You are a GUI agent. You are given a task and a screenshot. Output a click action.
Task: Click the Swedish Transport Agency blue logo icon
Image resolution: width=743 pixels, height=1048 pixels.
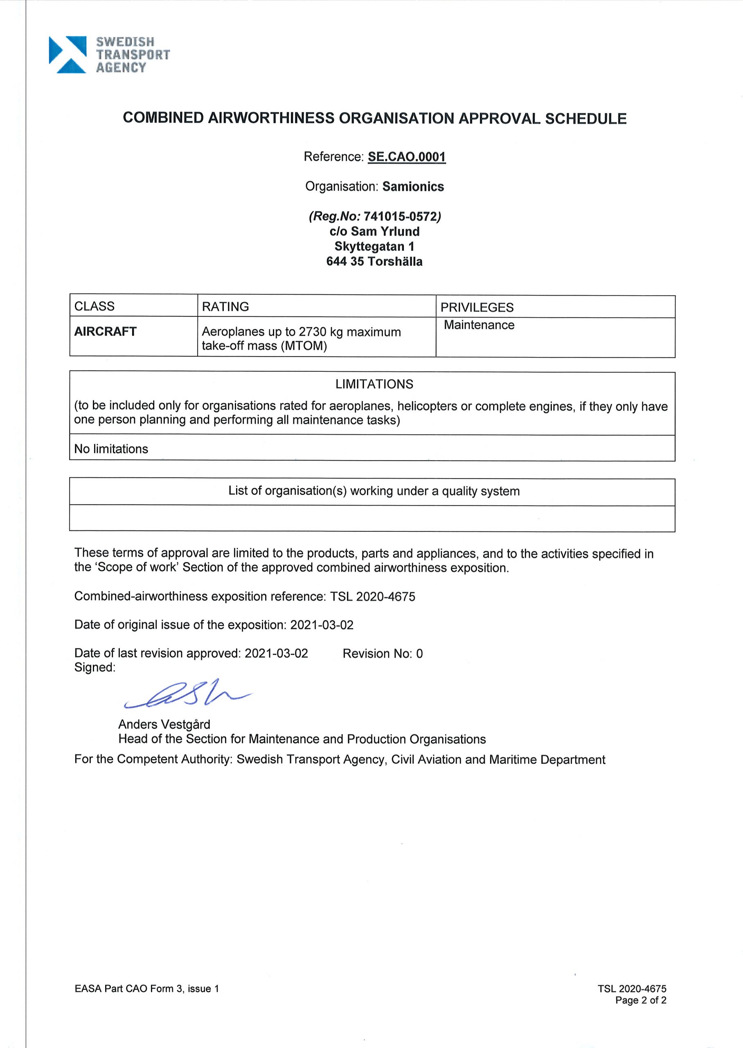(x=67, y=54)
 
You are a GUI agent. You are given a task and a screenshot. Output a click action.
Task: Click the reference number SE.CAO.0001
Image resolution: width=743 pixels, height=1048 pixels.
(x=406, y=157)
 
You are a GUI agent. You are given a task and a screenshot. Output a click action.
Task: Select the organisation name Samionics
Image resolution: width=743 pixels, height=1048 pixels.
(x=413, y=187)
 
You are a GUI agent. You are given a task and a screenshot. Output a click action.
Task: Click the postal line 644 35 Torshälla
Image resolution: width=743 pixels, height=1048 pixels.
(x=374, y=261)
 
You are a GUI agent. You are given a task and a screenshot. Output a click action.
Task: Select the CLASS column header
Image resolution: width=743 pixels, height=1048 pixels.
(x=94, y=306)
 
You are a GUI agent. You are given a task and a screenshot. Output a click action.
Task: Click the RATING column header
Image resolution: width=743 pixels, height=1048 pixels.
(x=225, y=306)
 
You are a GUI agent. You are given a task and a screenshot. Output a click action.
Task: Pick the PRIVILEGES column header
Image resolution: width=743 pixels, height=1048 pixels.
(x=476, y=307)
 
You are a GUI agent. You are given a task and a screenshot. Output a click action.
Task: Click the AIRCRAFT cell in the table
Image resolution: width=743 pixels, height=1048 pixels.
(x=105, y=331)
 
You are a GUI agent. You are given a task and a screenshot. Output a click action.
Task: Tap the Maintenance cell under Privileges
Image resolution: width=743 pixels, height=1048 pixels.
(x=479, y=325)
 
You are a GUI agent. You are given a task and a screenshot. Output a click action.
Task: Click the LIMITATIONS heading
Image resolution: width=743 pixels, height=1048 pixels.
(x=374, y=384)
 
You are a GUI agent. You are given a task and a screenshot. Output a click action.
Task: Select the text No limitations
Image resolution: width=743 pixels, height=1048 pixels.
(x=111, y=449)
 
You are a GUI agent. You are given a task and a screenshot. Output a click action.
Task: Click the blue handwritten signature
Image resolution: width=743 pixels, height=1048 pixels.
(x=187, y=694)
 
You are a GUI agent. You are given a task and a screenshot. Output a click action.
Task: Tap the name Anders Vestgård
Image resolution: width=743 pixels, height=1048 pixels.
(x=164, y=725)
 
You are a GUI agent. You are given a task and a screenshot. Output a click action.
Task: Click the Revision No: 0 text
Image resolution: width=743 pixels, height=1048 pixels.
(x=382, y=653)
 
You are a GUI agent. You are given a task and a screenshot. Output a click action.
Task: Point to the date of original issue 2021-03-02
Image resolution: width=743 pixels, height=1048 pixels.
(x=322, y=625)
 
